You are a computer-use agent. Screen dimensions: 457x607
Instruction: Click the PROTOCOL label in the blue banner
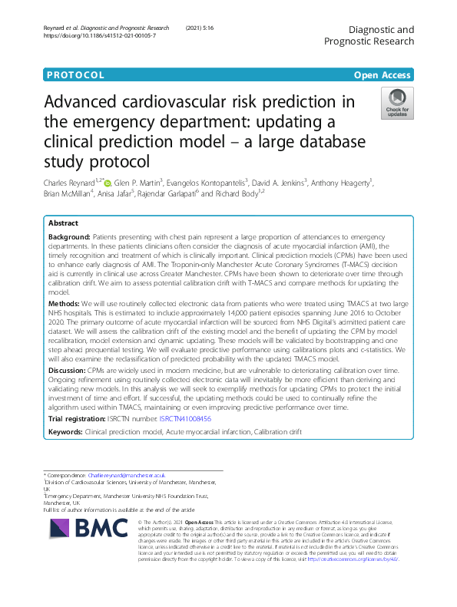[x=75, y=75]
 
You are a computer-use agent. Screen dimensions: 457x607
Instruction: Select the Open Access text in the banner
[x=382, y=75]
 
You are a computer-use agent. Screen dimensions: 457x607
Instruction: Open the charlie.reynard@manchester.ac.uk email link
[x=127, y=476]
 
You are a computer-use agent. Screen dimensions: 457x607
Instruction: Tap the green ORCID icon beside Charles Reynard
[x=108, y=183]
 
